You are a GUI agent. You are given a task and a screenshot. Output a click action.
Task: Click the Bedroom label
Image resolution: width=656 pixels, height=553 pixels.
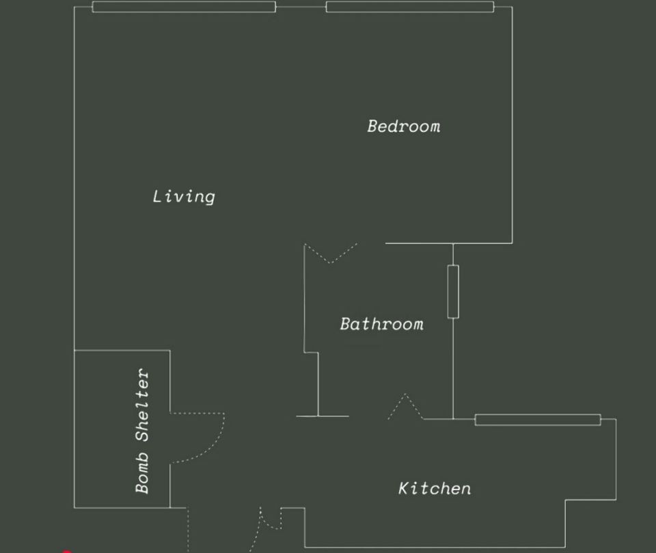(x=404, y=126)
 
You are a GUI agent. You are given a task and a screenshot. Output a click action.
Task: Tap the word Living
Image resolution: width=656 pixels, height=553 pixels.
(x=184, y=196)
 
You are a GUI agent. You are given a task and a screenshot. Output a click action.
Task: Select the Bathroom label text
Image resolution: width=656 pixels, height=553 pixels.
(x=381, y=324)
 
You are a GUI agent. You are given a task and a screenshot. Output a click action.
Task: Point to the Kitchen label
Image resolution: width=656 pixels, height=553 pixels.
(x=435, y=488)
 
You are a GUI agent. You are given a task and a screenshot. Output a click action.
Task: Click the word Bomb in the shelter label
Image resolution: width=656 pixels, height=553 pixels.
(x=142, y=473)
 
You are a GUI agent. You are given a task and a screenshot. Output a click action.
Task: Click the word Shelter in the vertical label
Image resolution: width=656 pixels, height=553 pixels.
(x=142, y=405)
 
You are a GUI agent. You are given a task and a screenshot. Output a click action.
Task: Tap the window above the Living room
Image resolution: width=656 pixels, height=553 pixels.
(x=184, y=7)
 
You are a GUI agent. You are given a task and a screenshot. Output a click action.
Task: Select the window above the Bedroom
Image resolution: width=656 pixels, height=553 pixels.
(x=410, y=7)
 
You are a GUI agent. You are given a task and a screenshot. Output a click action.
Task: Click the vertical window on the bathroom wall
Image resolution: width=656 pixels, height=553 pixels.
(x=453, y=291)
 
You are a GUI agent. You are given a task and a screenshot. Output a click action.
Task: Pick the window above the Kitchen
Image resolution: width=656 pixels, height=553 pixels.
(x=538, y=420)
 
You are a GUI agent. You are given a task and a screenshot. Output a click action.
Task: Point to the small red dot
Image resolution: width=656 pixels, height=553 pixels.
(x=67, y=552)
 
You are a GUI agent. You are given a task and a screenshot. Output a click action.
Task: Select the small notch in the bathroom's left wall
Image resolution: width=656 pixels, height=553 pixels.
(x=311, y=353)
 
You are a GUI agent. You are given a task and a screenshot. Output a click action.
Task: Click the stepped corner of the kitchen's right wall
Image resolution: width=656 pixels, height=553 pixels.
(x=565, y=500)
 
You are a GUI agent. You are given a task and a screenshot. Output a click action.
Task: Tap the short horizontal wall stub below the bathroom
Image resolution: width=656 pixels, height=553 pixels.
(x=322, y=416)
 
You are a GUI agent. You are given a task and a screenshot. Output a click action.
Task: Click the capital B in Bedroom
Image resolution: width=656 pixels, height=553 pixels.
(x=372, y=126)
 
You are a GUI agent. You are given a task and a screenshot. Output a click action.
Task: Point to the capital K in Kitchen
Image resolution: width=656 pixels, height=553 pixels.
(x=403, y=488)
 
